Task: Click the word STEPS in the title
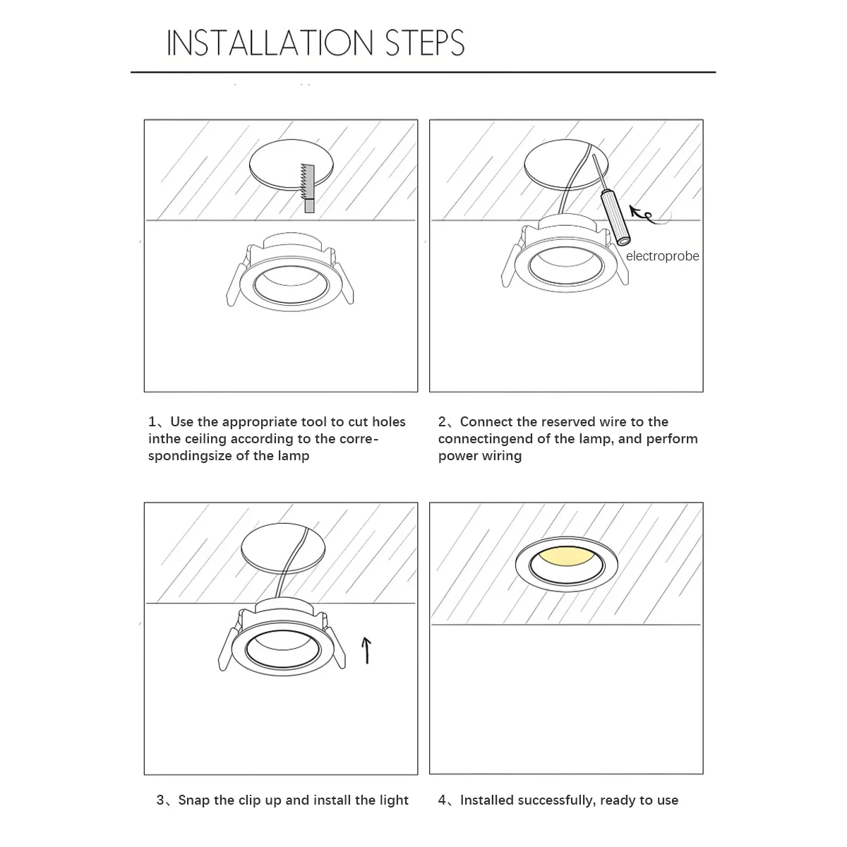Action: [x=425, y=43]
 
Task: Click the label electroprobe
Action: [x=662, y=256]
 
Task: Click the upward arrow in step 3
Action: [x=366, y=650]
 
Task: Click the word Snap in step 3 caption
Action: [x=194, y=800]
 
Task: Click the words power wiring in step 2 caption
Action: [x=480, y=456]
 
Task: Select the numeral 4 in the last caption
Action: [x=442, y=800]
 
